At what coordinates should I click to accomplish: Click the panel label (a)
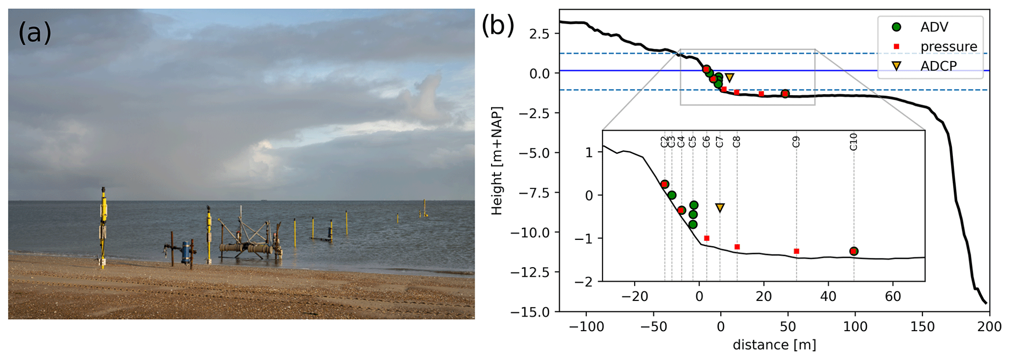point(35,33)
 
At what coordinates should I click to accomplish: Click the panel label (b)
point(498,26)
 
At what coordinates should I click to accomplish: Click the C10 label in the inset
point(853,142)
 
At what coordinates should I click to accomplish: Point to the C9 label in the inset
point(796,142)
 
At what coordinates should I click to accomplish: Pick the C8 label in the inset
point(736,142)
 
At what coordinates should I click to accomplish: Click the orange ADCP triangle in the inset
point(720,208)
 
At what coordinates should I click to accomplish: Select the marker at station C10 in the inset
point(854,251)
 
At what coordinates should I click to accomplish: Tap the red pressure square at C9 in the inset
point(796,251)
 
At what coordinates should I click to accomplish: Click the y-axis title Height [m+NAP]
point(497,161)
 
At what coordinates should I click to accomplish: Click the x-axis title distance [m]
point(774,345)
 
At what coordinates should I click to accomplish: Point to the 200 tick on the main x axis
point(989,326)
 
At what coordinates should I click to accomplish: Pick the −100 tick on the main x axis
point(586,326)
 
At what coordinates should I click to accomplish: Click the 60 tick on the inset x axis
point(893,296)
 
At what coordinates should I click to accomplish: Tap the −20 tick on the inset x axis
point(634,296)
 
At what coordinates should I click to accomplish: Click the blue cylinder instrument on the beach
point(186,252)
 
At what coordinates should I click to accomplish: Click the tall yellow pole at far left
point(104,227)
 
